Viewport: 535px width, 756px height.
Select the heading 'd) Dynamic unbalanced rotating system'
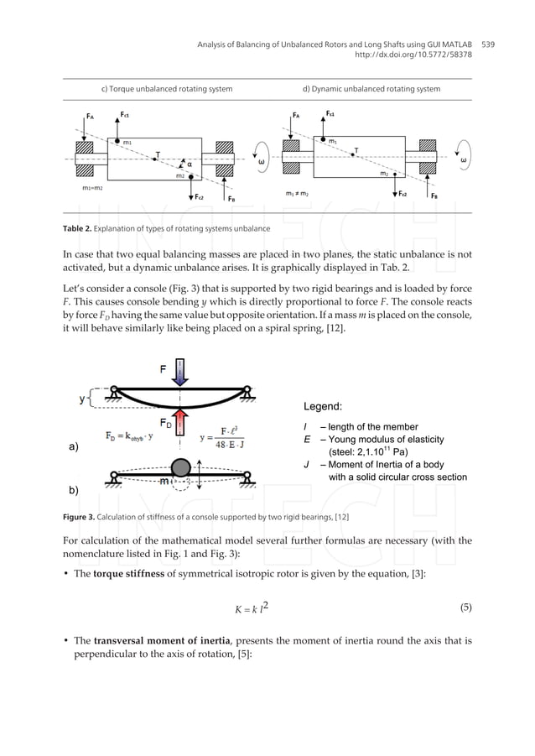[371, 89]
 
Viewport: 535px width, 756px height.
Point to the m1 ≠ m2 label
[299, 193]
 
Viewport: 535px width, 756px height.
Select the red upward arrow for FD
[180, 420]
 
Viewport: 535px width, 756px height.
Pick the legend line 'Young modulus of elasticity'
[386, 439]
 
